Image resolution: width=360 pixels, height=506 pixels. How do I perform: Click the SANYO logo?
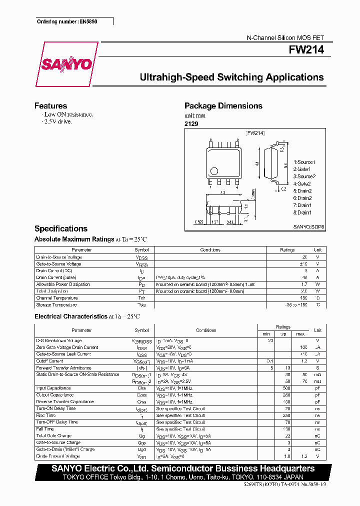click(66, 64)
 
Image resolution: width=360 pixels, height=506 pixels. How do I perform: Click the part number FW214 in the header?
click(306, 50)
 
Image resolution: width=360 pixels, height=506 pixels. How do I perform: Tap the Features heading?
click(50, 105)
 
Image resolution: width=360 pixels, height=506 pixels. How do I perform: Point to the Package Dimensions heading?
click(223, 105)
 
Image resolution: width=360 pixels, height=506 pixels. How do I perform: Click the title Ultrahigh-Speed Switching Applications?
click(231, 77)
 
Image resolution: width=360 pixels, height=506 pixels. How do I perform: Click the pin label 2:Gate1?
click(302, 169)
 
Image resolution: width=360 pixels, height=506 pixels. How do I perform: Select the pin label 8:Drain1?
click(303, 212)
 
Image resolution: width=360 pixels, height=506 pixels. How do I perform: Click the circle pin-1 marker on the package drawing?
click(214, 170)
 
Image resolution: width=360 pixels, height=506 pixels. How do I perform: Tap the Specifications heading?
click(60, 228)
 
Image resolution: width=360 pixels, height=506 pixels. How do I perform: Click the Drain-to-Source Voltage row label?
click(58, 257)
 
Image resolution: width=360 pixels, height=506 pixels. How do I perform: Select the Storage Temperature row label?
click(56, 305)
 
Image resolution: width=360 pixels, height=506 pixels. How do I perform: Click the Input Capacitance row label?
click(53, 388)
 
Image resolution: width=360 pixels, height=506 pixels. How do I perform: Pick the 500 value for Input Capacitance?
click(286, 388)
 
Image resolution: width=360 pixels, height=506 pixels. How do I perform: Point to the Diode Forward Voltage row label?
click(57, 456)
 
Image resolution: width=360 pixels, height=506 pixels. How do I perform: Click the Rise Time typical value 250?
click(286, 415)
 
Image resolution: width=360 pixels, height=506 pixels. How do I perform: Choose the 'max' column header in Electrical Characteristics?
click(300, 333)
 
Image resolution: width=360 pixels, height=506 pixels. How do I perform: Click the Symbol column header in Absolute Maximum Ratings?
click(141, 249)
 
